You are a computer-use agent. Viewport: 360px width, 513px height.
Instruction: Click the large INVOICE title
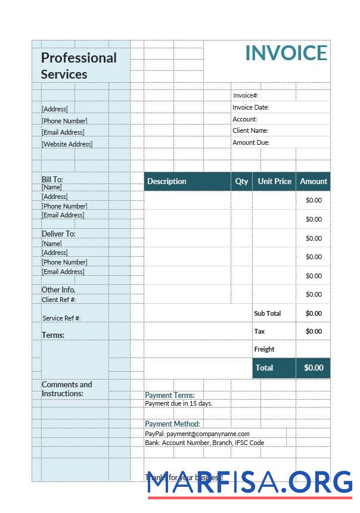pyautogui.click(x=286, y=53)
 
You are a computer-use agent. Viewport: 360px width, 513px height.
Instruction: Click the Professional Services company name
pyautogui.click(x=79, y=66)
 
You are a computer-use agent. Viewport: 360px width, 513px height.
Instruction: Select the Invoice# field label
pyautogui.click(x=246, y=95)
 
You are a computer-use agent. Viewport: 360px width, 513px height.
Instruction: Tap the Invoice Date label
pyautogui.click(x=251, y=107)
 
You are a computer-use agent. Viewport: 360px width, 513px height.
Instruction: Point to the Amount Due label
pyautogui.click(x=251, y=142)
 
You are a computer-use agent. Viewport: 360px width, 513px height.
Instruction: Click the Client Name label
pyautogui.click(x=250, y=130)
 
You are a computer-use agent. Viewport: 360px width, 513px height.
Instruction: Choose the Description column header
pyautogui.click(x=167, y=181)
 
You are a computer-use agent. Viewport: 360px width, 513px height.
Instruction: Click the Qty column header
pyautogui.click(x=241, y=181)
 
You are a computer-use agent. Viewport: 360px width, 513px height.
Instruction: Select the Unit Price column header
pyautogui.click(x=274, y=181)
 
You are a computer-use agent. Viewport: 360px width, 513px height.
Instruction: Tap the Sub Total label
pyautogui.click(x=267, y=313)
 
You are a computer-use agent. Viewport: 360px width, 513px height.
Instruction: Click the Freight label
pyautogui.click(x=264, y=349)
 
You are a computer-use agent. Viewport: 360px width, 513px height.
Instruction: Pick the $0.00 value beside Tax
pyautogui.click(x=314, y=331)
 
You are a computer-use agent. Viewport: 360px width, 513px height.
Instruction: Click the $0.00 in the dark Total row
pyautogui.click(x=314, y=368)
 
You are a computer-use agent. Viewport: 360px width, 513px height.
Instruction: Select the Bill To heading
pyautogui.click(x=52, y=179)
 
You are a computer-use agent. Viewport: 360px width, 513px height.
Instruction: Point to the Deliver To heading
pyautogui.click(x=58, y=234)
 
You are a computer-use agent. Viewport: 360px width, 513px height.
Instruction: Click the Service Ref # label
pyautogui.click(x=61, y=318)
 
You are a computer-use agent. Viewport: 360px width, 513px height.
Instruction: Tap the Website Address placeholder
pyautogui.click(x=67, y=144)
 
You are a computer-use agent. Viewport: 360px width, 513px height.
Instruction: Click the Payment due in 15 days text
pyautogui.click(x=179, y=403)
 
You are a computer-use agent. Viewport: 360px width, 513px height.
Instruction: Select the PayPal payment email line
pyautogui.click(x=197, y=434)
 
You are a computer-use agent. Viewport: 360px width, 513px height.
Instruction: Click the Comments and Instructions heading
pyautogui.click(x=67, y=389)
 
